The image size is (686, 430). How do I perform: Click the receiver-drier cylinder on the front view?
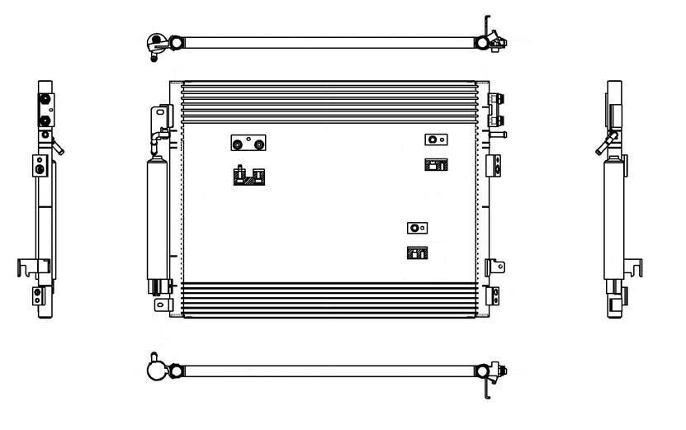pyautogui.click(x=157, y=219)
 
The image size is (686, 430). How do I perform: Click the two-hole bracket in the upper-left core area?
pyautogui.click(x=248, y=144)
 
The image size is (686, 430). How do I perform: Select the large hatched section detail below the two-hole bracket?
pyautogui.click(x=248, y=176)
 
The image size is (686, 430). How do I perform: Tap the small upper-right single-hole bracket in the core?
pyautogui.click(x=435, y=139)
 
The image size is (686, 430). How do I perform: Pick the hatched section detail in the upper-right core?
pyautogui.click(x=435, y=164)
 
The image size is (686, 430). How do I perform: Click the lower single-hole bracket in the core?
pyautogui.click(x=419, y=227)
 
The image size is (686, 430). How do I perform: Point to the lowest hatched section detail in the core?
pyautogui.click(x=417, y=253)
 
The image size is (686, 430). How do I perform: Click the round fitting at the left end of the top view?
pyautogui.click(x=154, y=44)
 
